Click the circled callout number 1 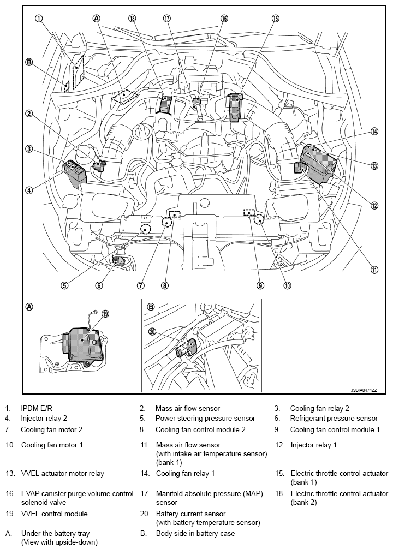point(38,18)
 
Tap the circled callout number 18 point(132,18)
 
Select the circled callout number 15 point(276,18)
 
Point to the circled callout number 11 point(374,269)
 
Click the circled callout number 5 point(64,285)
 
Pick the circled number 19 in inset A point(105,314)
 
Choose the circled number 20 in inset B point(152,331)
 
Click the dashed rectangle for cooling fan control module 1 point(249,212)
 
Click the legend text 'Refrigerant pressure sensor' point(334,419)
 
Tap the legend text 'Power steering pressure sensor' point(205,419)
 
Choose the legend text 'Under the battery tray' point(55,533)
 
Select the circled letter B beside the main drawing point(29,62)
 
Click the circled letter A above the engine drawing point(97,18)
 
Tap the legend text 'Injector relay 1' point(313,445)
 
